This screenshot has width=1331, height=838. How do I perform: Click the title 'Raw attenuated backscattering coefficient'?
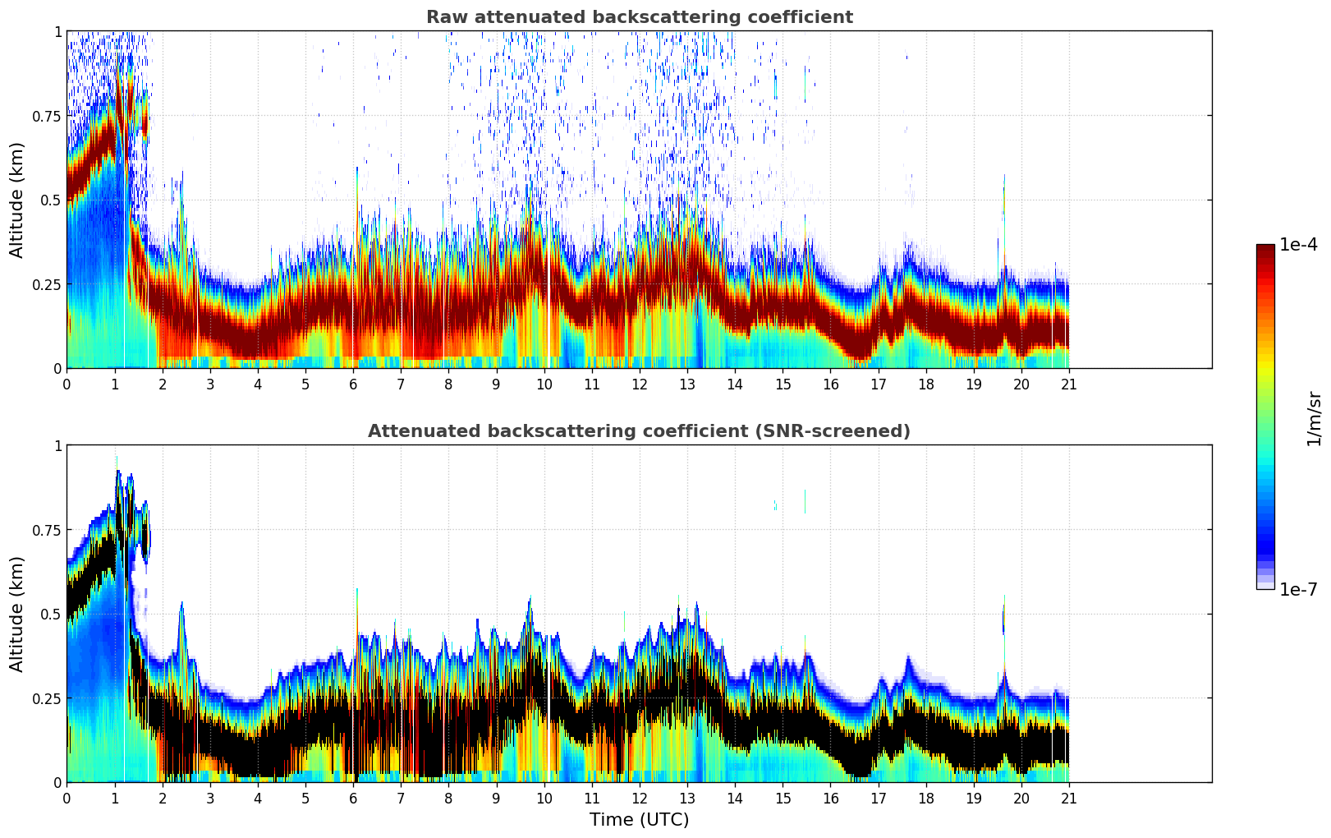tap(639, 17)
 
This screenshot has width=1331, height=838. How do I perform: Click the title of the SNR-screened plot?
tap(639, 431)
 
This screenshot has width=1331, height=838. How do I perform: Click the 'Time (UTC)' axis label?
tap(639, 820)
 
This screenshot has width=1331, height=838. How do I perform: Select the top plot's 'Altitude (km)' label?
tap(17, 200)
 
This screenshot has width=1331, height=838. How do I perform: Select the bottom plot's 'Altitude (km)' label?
tap(17, 614)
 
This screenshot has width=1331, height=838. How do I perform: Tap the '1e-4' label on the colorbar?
tap(1298, 245)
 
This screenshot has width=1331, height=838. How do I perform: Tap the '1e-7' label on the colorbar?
tap(1298, 589)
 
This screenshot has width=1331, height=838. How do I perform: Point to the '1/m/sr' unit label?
tap(1314, 418)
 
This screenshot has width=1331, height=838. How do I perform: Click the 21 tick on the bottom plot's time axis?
tap(1069, 798)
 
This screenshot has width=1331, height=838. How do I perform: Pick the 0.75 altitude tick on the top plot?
tap(46, 116)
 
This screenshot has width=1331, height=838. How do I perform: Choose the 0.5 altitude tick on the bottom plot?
tap(51, 614)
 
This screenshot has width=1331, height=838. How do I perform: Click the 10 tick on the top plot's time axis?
tap(544, 384)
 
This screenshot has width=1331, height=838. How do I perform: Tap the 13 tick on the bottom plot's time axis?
tap(687, 798)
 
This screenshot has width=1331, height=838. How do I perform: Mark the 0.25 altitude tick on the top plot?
tap(46, 284)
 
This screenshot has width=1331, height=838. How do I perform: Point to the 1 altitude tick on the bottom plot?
tap(57, 446)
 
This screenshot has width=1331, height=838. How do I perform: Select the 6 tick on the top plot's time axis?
tap(353, 384)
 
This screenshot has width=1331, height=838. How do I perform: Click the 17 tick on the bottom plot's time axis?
tap(878, 798)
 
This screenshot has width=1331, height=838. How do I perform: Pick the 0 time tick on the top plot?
tap(67, 384)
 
